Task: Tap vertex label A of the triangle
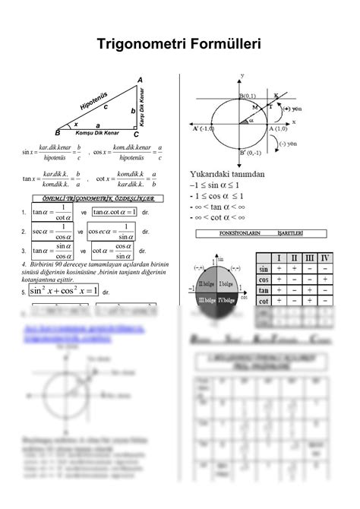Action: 139,81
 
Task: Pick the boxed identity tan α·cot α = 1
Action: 114,212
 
